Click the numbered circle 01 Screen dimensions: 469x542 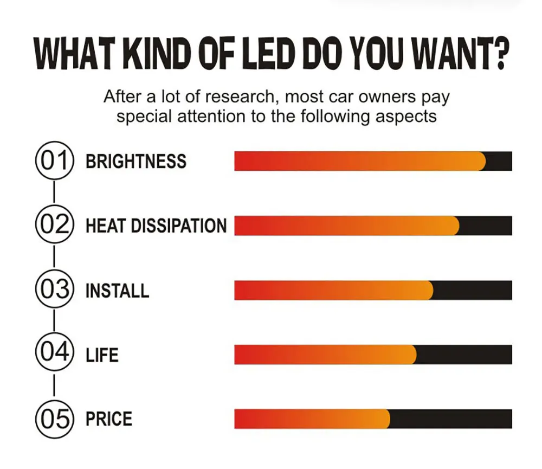coord(54,161)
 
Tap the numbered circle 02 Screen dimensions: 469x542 coord(54,225)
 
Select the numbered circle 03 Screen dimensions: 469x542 coord(54,290)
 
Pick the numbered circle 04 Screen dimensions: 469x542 coord(54,354)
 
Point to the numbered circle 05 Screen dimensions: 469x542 coord(54,419)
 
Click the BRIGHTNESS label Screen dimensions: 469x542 coord(135,162)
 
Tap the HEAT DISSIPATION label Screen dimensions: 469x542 coord(156,226)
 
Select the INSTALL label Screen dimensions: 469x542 coord(117,291)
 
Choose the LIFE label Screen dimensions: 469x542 coord(102,355)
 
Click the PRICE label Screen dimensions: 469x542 coord(109,419)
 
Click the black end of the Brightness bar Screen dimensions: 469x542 coord(499,161)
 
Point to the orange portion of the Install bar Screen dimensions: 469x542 coord(333,290)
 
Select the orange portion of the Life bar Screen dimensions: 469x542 coord(325,355)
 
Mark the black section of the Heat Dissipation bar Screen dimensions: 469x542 coord(486,226)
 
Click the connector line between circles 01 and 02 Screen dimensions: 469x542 coord(54,193)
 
